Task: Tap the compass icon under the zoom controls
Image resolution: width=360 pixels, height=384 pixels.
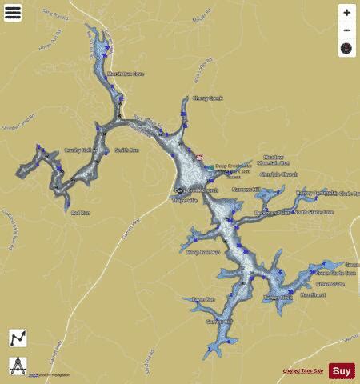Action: click(x=346, y=49)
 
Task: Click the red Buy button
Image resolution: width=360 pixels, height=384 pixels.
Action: click(x=342, y=370)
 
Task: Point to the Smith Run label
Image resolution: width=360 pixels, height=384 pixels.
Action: click(x=126, y=150)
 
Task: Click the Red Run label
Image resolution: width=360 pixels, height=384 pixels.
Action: click(x=81, y=213)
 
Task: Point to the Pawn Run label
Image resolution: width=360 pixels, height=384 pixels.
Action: click(x=205, y=299)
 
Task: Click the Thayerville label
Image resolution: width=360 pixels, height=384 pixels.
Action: click(x=185, y=200)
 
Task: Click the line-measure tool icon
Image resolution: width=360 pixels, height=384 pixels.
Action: click(x=17, y=338)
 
